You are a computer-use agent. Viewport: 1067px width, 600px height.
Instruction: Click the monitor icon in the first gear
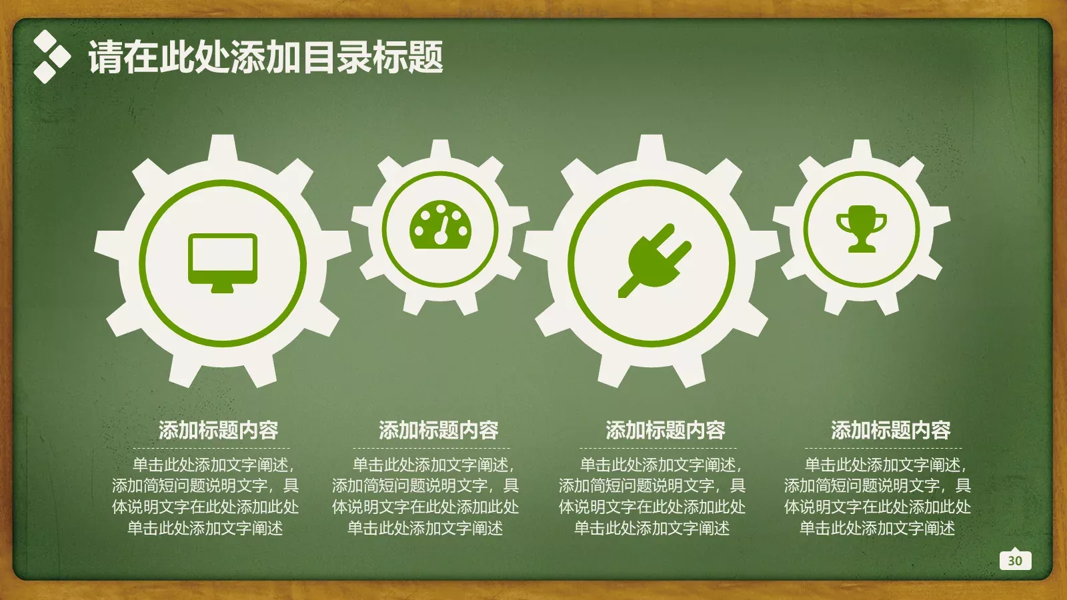pos(222,262)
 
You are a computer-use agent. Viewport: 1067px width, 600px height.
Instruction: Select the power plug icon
pos(654,260)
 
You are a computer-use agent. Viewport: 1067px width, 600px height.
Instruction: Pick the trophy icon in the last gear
pos(862,228)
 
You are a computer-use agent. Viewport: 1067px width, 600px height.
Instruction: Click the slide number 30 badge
pos(1015,560)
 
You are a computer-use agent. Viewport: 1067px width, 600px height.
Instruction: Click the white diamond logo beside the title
pos(51,57)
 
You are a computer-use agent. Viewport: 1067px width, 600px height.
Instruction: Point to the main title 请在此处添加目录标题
pos(265,57)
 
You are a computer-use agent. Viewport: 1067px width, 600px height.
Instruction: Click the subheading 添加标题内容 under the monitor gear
pos(218,430)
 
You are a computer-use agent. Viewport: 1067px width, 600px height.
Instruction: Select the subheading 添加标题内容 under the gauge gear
pos(438,430)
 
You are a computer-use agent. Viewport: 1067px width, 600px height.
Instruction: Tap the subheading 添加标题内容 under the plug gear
pos(665,430)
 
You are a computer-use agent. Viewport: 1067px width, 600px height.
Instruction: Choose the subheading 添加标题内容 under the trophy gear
pos(890,430)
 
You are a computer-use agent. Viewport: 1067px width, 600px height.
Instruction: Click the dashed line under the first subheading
pos(211,448)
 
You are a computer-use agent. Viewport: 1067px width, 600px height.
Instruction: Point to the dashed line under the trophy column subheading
pos(884,448)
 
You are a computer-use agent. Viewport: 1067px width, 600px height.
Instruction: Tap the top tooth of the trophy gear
pos(862,151)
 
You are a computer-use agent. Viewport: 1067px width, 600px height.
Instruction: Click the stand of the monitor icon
pos(222,288)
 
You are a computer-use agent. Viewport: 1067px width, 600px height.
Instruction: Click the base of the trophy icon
pos(862,248)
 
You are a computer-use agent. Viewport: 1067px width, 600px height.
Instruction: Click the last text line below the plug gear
pos(652,529)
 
